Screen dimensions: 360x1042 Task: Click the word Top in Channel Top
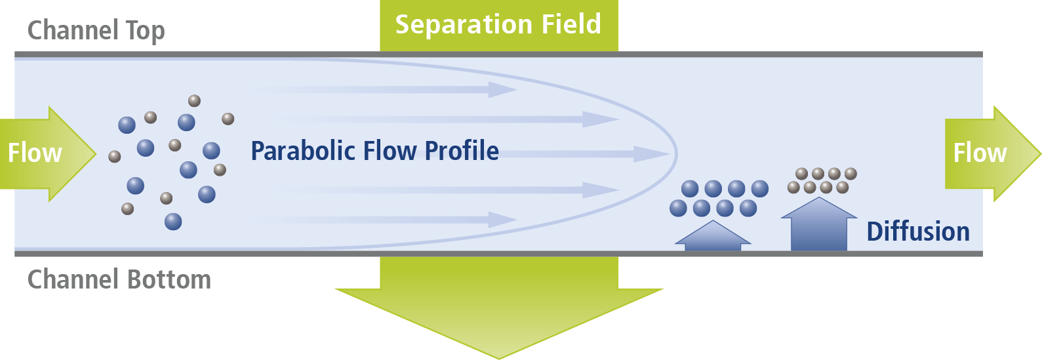pyautogui.click(x=145, y=31)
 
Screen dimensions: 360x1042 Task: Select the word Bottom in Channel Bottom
pyautogui.click(x=169, y=280)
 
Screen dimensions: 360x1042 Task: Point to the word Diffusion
pyautogui.click(x=918, y=232)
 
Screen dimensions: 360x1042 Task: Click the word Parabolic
pyautogui.click(x=302, y=151)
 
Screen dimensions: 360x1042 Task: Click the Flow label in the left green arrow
pyautogui.click(x=35, y=153)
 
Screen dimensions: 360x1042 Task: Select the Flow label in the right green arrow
pyautogui.click(x=980, y=153)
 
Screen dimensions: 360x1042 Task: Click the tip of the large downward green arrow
pyautogui.click(x=498, y=355)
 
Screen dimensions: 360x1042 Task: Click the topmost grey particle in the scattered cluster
pyautogui.click(x=194, y=101)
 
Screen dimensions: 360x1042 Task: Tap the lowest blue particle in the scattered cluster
pyautogui.click(x=173, y=222)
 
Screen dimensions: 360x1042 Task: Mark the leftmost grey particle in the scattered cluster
pyautogui.click(x=115, y=156)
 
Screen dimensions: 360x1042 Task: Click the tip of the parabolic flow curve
pyautogui.click(x=675, y=155)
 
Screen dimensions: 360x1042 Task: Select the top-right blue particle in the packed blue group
pyautogui.click(x=760, y=189)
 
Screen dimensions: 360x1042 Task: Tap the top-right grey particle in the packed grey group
pyautogui.click(x=851, y=174)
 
